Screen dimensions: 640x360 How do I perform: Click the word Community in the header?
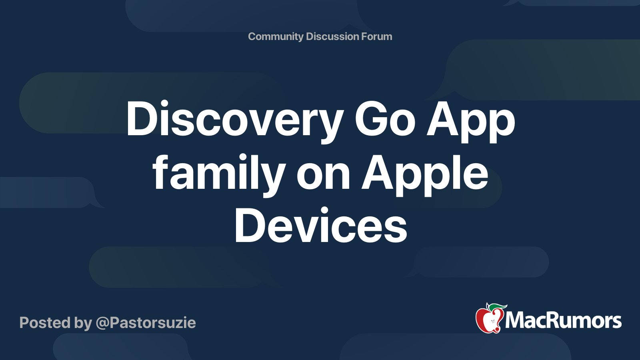tap(276, 37)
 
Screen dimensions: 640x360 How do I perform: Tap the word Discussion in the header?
tap(332, 36)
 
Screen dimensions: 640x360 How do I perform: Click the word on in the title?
tap(324, 178)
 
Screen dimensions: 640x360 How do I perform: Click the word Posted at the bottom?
tap(45, 323)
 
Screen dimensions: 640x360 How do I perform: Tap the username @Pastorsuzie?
tap(146, 323)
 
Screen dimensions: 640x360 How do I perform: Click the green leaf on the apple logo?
tap(498, 307)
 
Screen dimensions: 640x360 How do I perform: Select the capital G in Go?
tap(370, 118)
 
